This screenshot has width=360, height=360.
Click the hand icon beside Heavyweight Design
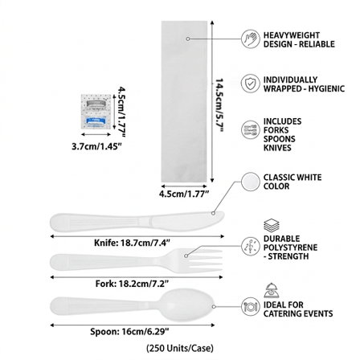pyautogui.click(x=251, y=39)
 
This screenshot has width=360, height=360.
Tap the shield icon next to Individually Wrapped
pyautogui.click(x=251, y=84)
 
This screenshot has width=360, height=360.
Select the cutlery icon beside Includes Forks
pyautogui.click(x=251, y=130)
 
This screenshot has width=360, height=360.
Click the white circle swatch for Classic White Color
pyautogui.click(x=251, y=182)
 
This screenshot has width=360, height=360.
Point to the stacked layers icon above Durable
pyautogui.click(x=272, y=226)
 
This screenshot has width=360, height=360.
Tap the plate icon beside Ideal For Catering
pyautogui.click(x=251, y=307)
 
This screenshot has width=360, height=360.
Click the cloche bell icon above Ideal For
pyautogui.click(x=272, y=290)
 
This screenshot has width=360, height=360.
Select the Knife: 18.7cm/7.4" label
pyautogui.click(x=132, y=243)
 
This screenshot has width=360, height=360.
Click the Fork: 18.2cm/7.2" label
pyautogui.click(x=132, y=284)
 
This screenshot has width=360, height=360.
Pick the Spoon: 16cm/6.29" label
pyautogui.click(x=129, y=332)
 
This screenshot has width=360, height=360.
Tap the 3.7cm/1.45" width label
pyautogui.click(x=96, y=146)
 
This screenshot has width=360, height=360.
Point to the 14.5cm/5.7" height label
pyautogui.click(x=219, y=105)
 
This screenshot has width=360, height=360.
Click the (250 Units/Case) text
pyautogui.click(x=180, y=349)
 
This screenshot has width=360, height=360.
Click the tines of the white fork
pyautogui.click(x=207, y=260)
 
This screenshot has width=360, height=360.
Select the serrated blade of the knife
pyautogui.click(x=186, y=221)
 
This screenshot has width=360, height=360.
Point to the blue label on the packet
pyautogui.click(x=96, y=121)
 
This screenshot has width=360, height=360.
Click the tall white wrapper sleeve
pyautogui.click(x=184, y=101)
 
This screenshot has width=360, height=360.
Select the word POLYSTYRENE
pyautogui.click(x=290, y=247)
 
